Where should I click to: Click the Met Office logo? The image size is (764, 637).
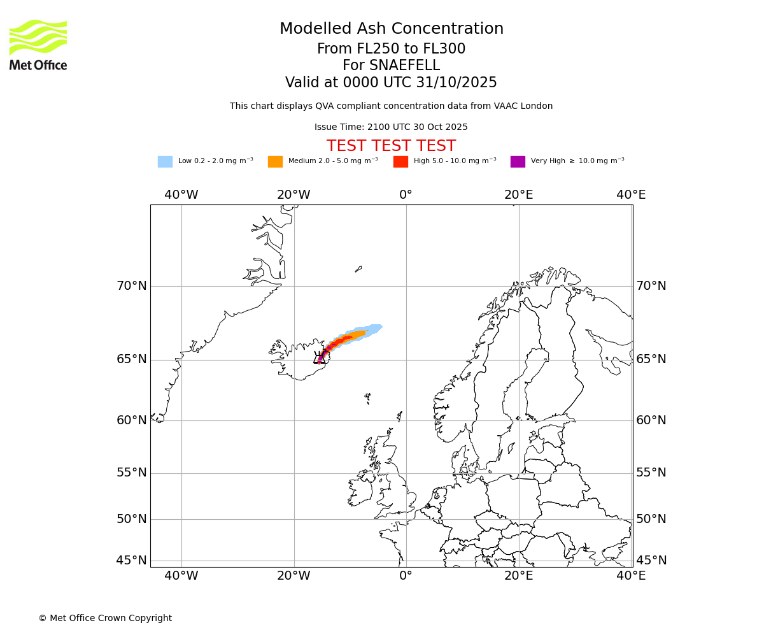[38, 45]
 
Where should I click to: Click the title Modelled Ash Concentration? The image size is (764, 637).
[391, 29]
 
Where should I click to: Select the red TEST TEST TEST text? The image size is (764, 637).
[391, 146]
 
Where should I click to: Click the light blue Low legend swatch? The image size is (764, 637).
[165, 162]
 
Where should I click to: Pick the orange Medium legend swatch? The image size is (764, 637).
[275, 162]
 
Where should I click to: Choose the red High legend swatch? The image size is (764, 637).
[400, 162]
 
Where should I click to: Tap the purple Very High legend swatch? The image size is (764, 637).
[518, 162]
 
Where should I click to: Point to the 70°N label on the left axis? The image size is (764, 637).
[131, 286]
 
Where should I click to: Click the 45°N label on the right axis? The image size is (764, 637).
[651, 561]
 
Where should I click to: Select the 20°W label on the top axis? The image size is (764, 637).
[294, 195]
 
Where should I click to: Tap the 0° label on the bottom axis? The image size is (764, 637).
[406, 576]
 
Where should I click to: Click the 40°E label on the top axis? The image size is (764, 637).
[631, 195]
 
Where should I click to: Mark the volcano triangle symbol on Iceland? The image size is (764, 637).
[319, 359]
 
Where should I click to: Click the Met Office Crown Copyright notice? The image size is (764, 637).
[105, 619]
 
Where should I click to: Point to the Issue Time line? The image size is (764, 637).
[391, 127]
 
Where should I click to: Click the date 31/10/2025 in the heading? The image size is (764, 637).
[456, 83]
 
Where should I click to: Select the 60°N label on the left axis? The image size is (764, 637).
[131, 420]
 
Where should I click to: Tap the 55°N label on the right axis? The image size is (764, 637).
[651, 473]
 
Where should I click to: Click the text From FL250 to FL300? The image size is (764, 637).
[391, 49]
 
